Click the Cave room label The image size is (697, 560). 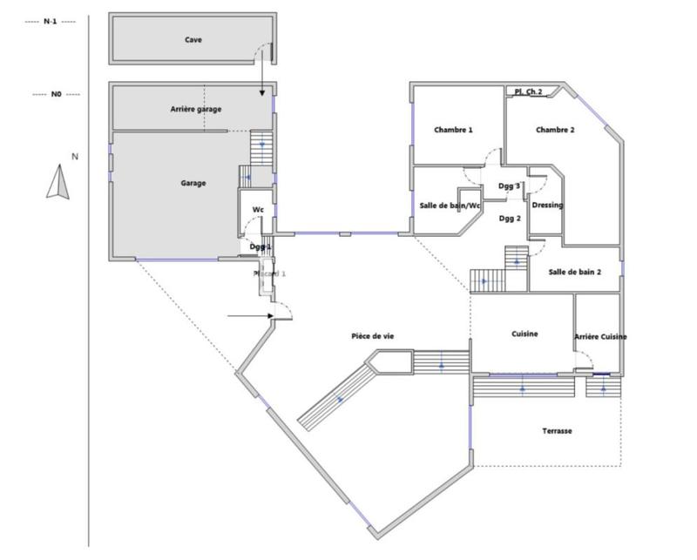point(193,40)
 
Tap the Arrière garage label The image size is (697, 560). point(196,110)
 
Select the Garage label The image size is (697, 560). point(193,184)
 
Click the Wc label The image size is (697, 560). point(258,210)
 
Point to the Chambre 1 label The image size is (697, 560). point(453,130)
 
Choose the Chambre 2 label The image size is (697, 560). point(555,130)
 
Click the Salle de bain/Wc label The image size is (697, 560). point(450,206)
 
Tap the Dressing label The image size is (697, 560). point(547,206)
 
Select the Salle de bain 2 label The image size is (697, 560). point(575,273)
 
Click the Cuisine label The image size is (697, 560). point(524,334)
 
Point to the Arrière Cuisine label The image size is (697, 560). point(600,337)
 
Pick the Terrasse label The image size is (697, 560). point(557,431)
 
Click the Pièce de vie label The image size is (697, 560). point(373,335)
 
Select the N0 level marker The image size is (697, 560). point(56,94)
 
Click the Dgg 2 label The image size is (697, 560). point(510,219)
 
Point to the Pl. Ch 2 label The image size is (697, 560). point(529,91)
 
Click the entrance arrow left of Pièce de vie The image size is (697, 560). point(251,316)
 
